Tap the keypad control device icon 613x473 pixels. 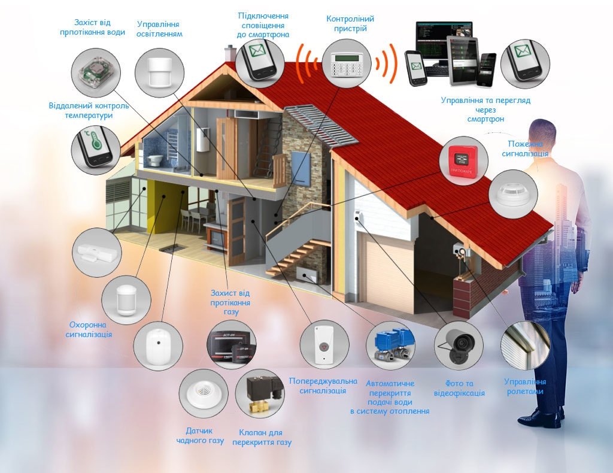tap(346, 63)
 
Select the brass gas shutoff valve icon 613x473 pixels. tap(262, 393)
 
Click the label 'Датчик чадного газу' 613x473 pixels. tap(200, 436)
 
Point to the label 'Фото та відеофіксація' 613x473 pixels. tap(460, 389)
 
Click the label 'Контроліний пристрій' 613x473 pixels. tap(347, 23)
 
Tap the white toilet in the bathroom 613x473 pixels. tap(155, 161)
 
